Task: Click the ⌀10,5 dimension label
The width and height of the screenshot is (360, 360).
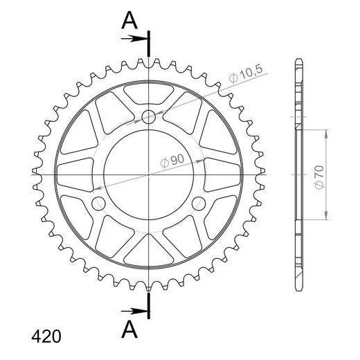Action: pyautogui.click(x=246, y=74)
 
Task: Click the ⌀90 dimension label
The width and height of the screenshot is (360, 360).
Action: pyautogui.click(x=172, y=160)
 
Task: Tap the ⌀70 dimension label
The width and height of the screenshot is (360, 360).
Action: pyautogui.click(x=320, y=177)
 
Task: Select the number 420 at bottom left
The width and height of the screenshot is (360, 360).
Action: pyautogui.click(x=46, y=336)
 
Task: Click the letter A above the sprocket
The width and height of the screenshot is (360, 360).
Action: pyautogui.click(x=129, y=20)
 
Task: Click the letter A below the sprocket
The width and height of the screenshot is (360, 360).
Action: pyautogui.click(x=129, y=329)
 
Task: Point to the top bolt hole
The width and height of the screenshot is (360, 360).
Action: pyautogui.click(x=149, y=117)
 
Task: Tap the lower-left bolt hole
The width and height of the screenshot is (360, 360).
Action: pyautogui.click(x=98, y=204)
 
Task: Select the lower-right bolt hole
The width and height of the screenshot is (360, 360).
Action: pyautogui.click(x=199, y=204)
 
